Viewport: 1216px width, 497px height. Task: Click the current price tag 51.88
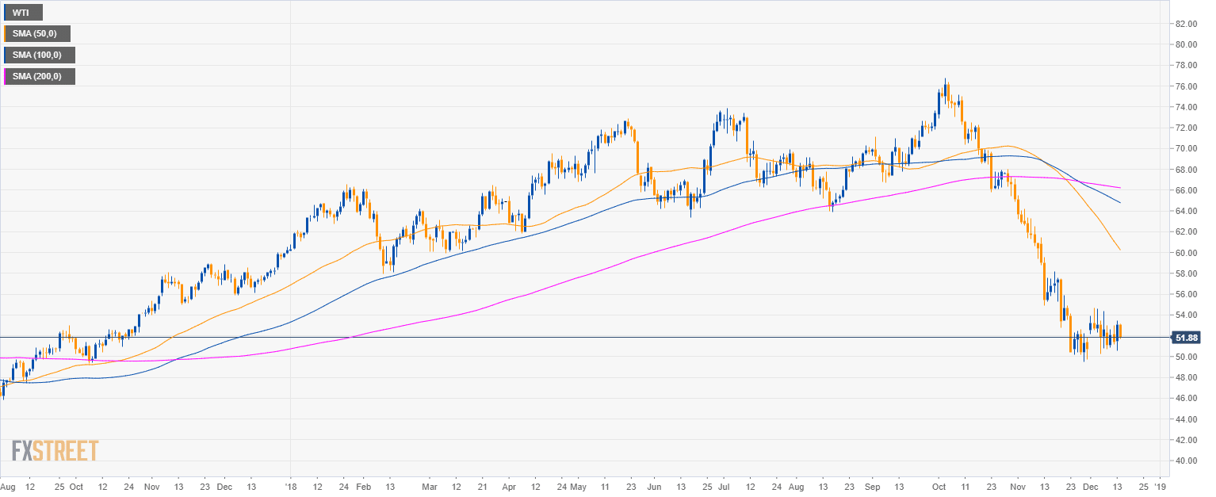(1187, 338)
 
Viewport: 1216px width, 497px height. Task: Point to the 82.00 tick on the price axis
(1186, 24)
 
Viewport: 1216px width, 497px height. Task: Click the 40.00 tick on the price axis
(1186, 461)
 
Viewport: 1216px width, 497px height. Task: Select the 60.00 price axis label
(1186, 253)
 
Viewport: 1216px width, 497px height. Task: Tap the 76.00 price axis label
(1186, 86)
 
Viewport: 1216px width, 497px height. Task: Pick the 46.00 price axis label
(1186, 398)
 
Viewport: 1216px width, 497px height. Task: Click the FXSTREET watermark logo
(55, 450)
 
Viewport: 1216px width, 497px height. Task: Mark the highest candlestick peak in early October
(946, 80)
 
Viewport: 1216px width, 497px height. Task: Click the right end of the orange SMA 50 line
(1120, 250)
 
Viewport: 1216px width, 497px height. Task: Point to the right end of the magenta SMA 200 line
(1120, 188)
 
